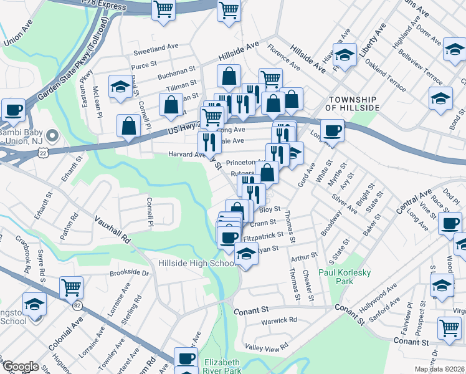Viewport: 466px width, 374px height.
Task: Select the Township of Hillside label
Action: click(354, 103)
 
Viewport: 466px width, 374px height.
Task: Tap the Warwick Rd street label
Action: click(280, 320)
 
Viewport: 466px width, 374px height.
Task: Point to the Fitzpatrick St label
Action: click(264, 236)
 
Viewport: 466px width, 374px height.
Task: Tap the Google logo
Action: click(20, 367)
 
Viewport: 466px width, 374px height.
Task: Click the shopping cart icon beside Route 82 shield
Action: click(71, 287)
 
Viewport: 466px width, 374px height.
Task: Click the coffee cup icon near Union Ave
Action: click(13, 110)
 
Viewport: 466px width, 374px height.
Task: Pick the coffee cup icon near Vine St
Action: click(449, 223)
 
